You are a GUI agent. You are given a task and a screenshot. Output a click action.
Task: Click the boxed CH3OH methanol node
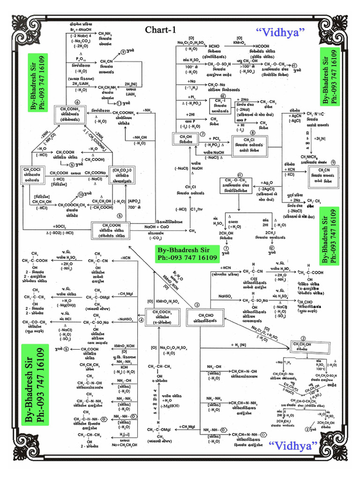[183, 139]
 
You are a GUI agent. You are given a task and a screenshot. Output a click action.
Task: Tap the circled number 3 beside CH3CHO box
[197, 305]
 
